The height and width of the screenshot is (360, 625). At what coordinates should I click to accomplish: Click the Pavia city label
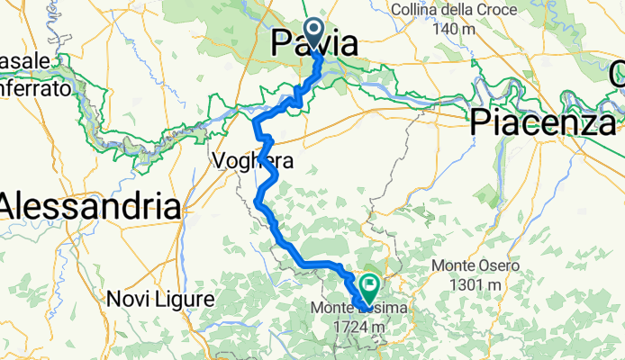click(x=314, y=42)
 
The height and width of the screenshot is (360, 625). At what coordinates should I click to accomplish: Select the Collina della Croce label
click(x=453, y=11)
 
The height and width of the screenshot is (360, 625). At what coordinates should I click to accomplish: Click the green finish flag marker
click(x=368, y=287)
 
